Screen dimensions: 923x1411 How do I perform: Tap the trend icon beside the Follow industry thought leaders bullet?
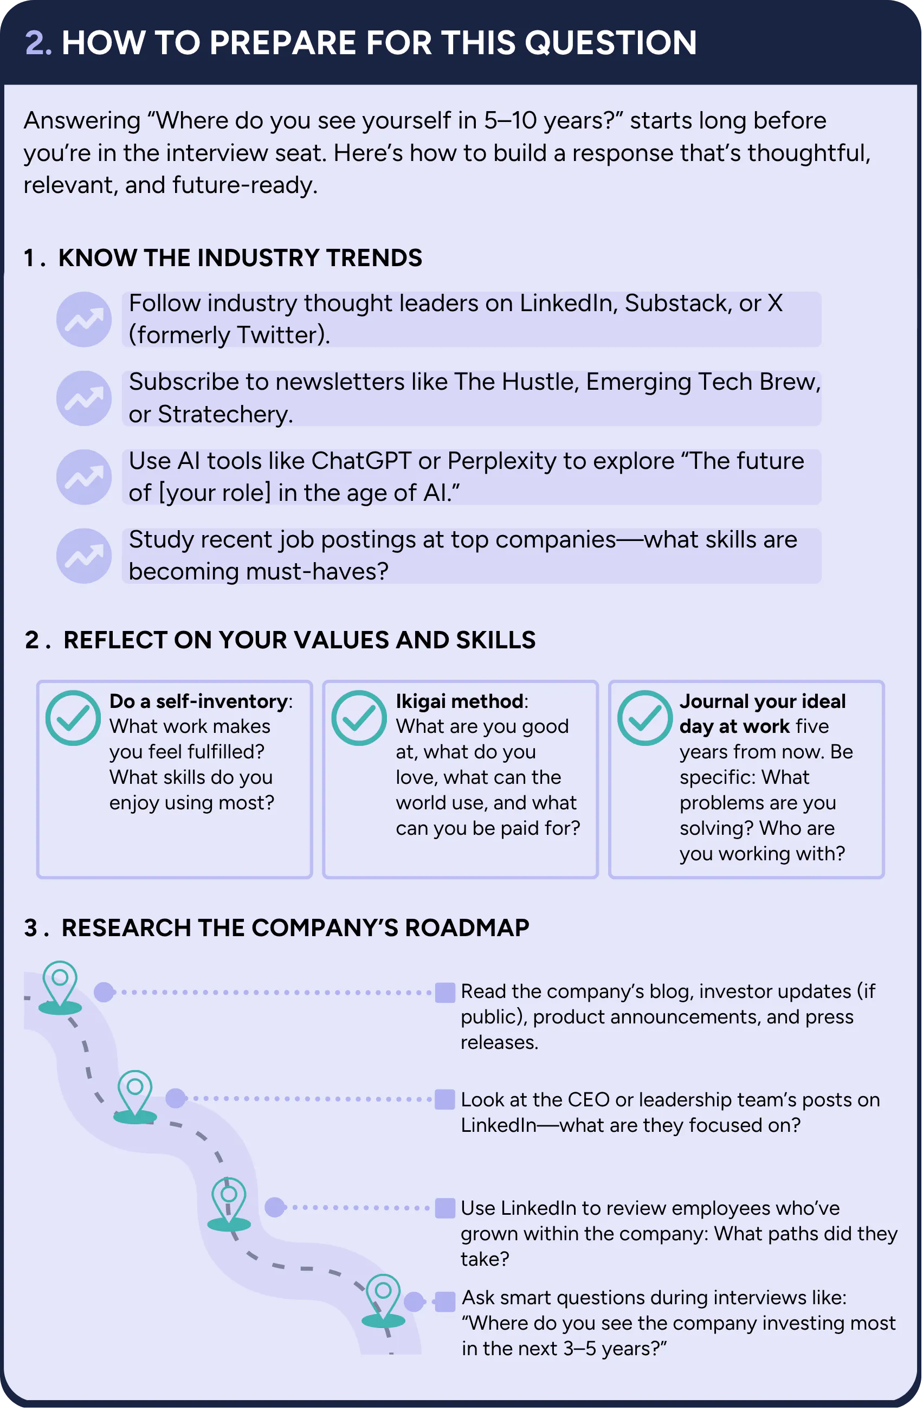[83, 320]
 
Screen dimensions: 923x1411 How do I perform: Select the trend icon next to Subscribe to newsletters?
[83, 398]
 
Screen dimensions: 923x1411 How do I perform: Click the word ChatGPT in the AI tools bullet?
[361, 461]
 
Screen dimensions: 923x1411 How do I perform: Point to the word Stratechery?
[225, 414]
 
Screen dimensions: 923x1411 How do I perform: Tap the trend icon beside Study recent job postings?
[83, 556]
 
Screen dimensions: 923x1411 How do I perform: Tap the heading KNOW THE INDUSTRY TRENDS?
[240, 258]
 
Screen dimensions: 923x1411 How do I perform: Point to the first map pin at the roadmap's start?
[60, 988]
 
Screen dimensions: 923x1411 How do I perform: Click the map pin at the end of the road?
[384, 1302]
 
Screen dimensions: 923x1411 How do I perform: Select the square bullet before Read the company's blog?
[445, 993]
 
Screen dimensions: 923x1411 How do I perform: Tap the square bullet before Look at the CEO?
[445, 1099]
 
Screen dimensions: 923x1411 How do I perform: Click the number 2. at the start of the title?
[38, 43]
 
